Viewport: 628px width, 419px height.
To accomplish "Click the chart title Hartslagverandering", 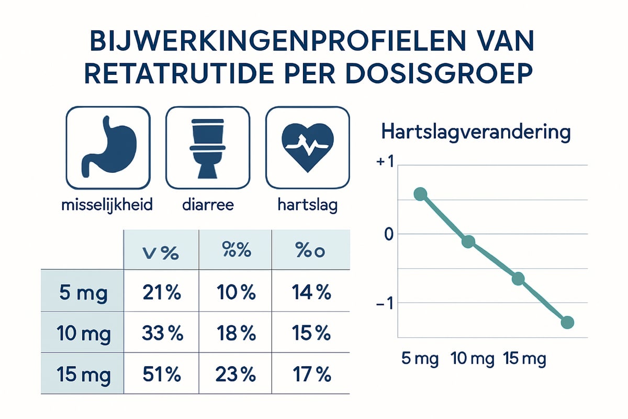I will pyautogui.click(x=476, y=132).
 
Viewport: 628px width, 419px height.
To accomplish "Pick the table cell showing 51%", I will pyautogui.click(x=161, y=375).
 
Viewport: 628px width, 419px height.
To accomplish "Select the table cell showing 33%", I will pyautogui.click(x=161, y=333).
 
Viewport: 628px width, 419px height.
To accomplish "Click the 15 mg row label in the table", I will pyautogui.click(x=83, y=375).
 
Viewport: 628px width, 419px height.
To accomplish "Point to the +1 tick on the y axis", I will pyautogui.click(x=384, y=162).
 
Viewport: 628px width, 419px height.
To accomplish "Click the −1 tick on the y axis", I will pyautogui.click(x=384, y=304).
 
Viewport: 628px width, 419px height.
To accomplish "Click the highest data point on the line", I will pyautogui.click(x=420, y=194).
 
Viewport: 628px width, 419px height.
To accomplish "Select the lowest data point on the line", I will pyautogui.click(x=567, y=322).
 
